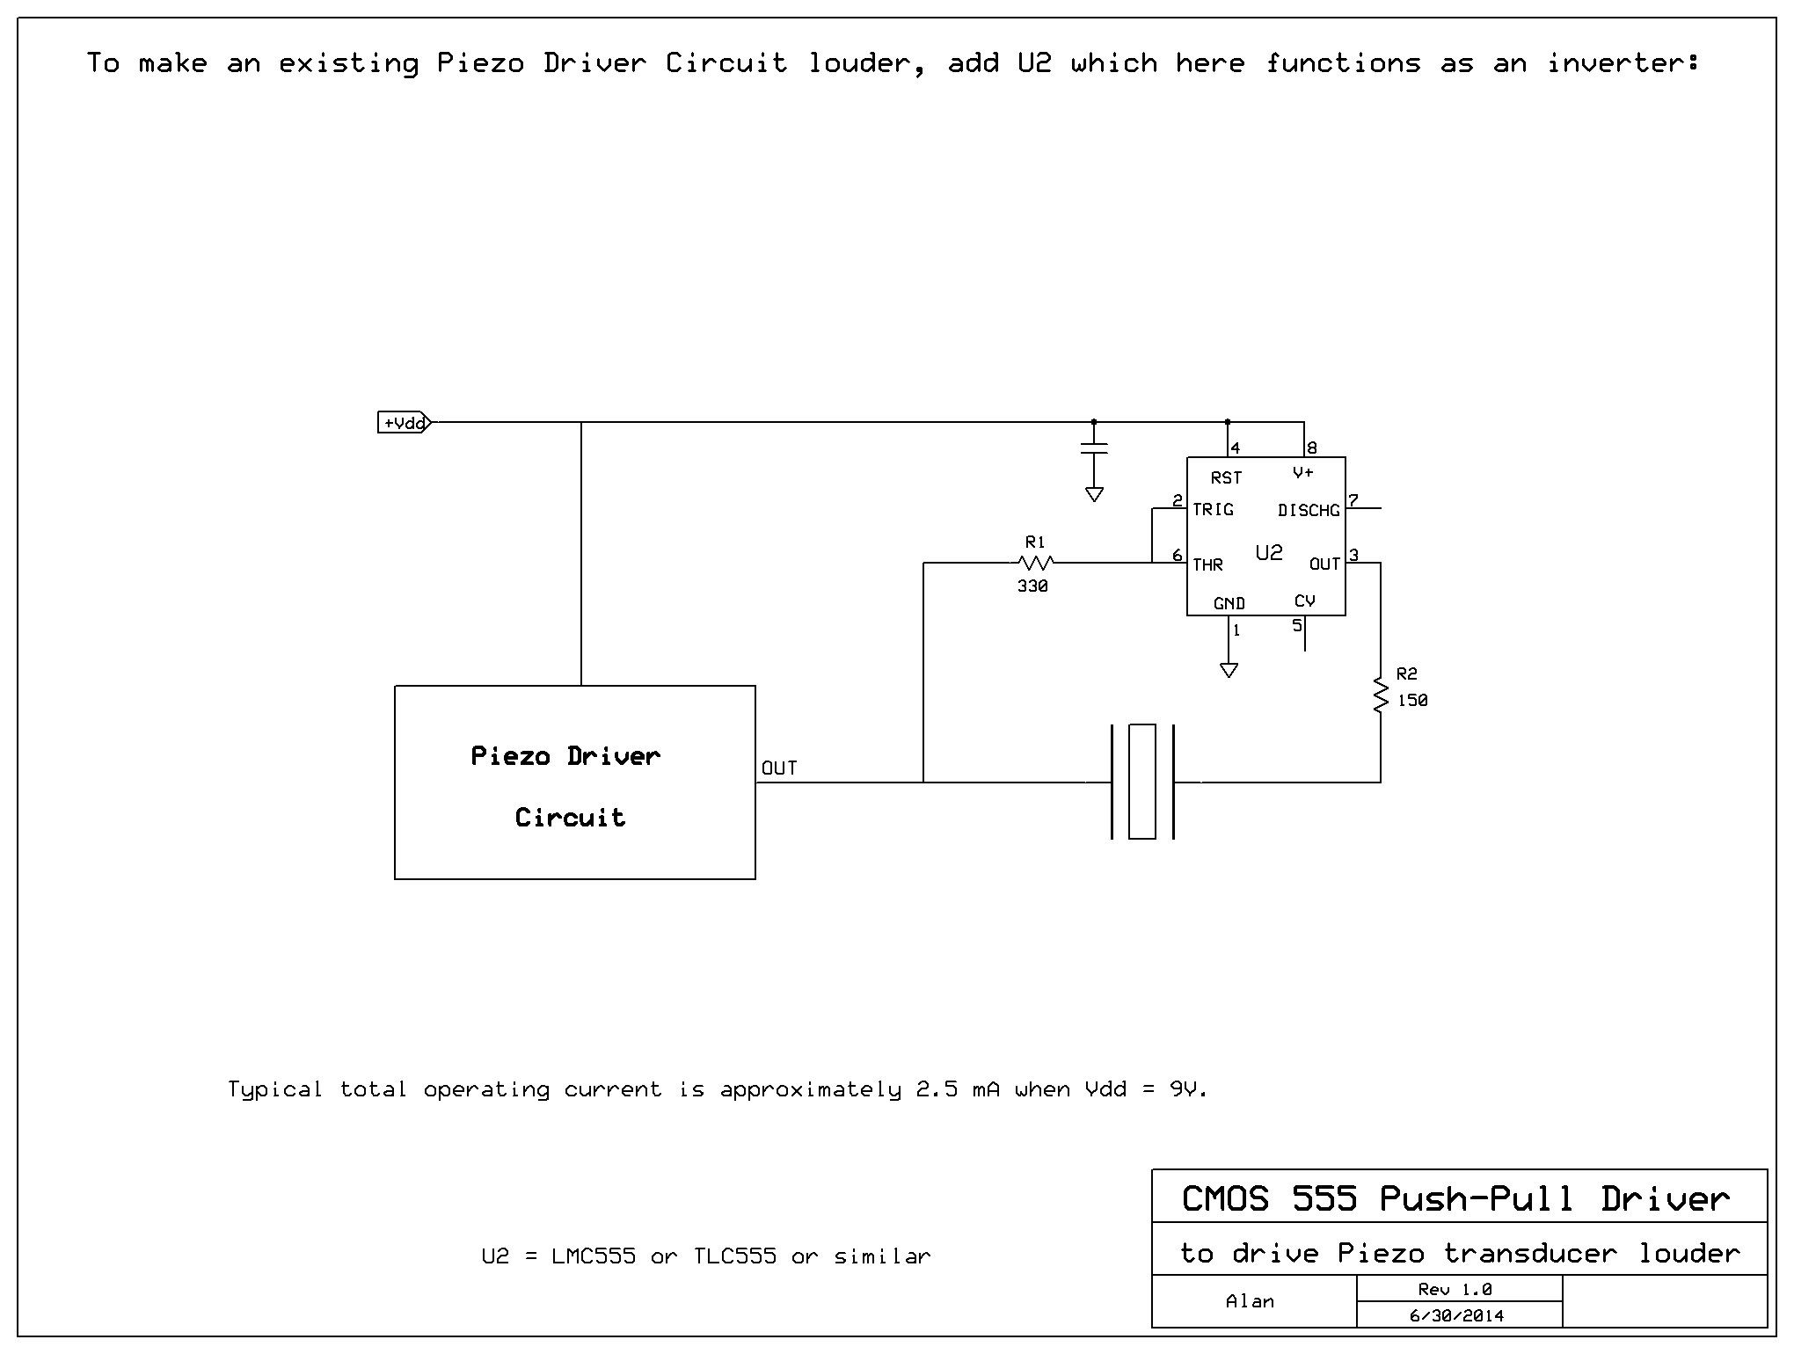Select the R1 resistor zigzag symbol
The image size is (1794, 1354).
(x=1036, y=563)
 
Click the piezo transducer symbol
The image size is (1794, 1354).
(x=1142, y=782)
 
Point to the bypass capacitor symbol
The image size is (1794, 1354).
(x=1094, y=449)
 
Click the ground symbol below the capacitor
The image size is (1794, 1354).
(x=1094, y=494)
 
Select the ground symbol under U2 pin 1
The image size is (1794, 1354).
(x=1229, y=670)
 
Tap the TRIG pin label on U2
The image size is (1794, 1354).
(x=1213, y=510)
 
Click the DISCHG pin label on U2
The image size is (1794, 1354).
(x=1309, y=511)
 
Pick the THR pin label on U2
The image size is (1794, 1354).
(x=1207, y=564)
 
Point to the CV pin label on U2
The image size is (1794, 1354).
(x=1304, y=601)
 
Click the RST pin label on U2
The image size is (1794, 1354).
(x=1226, y=478)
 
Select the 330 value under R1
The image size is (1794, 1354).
(x=1032, y=586)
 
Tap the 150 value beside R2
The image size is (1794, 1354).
(x=1412, y=701)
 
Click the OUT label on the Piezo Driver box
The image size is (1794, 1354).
(x=779, y=768)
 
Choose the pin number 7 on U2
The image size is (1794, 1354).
(x=1353, y=501)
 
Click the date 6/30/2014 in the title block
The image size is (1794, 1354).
(x=1457, y=1316)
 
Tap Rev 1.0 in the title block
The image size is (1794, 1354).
(x=1455, y=1290)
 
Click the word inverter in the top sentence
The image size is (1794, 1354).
(x=1623, y=63)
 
